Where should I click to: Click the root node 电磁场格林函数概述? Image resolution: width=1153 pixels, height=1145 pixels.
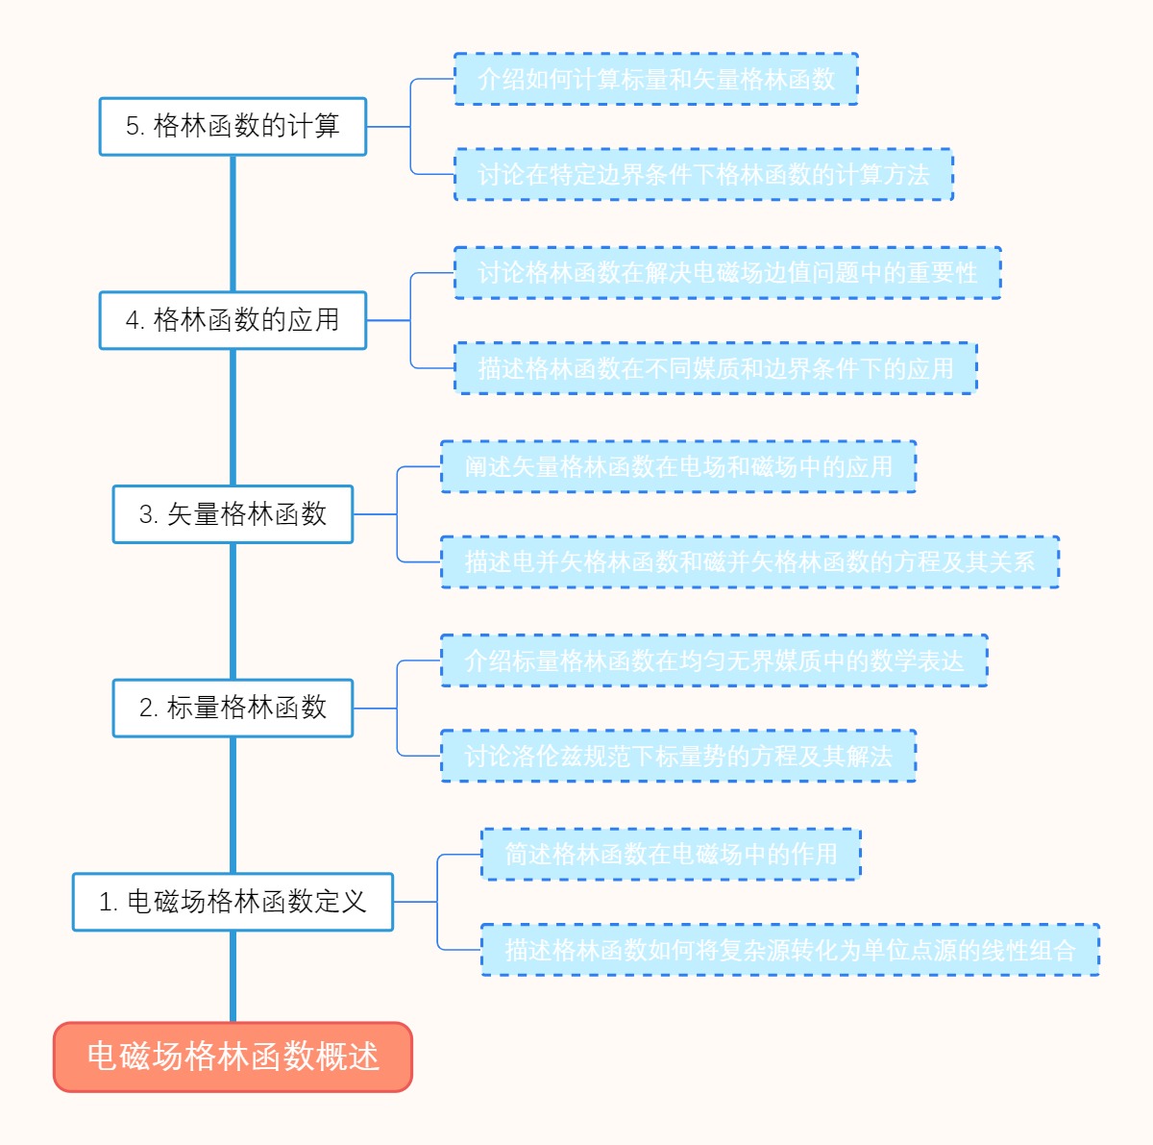coord(233,1057)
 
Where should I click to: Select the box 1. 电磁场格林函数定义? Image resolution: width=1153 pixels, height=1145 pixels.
coord(233,902)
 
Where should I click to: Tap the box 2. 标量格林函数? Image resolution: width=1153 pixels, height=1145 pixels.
coord(233,709)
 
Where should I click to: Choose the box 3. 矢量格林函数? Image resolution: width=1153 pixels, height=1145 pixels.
coord(233,514)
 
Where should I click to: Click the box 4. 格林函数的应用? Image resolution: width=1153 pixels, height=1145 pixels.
coord(233,320)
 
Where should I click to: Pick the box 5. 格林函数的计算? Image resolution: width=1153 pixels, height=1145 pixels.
coord(233,126)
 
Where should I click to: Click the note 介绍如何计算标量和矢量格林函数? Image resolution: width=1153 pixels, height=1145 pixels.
coord(655,79)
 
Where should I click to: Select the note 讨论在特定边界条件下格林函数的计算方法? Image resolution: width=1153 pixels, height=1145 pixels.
coord(703,175)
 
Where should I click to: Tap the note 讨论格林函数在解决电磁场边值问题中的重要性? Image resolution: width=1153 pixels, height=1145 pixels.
coord(727,273)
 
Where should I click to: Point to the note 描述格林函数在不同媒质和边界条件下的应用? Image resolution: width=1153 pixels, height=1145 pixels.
coord(715,368)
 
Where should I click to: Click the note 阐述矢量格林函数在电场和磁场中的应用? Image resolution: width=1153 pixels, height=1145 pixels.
coord(678,467)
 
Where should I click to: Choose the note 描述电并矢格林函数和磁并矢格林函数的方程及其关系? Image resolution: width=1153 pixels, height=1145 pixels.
coord(749,562)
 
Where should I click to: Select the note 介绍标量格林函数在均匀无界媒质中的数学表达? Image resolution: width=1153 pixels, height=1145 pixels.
coord(714,661)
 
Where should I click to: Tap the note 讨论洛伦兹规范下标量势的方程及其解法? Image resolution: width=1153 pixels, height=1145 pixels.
coord(678,757)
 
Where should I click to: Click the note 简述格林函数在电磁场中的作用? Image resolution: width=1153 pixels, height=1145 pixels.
coord(671,854)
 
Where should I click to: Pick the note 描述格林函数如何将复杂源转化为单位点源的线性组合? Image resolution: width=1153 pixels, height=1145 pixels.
coord(790,951)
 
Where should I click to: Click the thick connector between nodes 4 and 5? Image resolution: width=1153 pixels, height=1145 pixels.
coord(233,223)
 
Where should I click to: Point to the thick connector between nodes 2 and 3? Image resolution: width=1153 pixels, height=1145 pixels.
coord(233,611)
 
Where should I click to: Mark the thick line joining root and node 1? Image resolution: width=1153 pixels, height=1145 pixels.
coord(233,976)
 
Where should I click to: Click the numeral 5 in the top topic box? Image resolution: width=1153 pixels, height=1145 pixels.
coord(133,126)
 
